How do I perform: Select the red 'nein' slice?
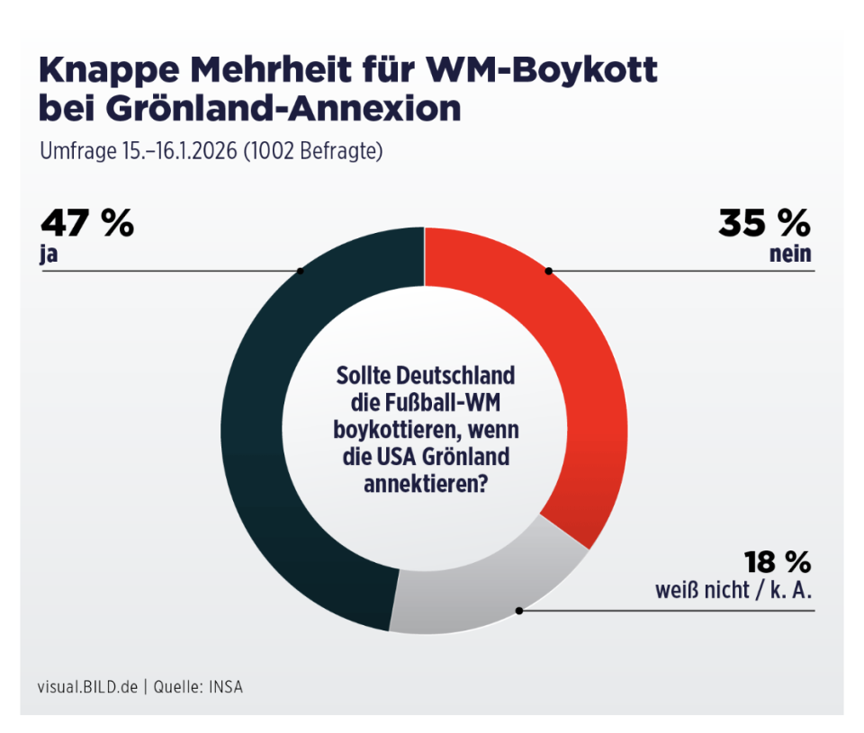(x=585, y=378)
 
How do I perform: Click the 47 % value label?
(x=86, y=223)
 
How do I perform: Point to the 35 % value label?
(x=764, y=223)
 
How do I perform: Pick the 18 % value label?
(x=777, y=563)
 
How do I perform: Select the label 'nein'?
(x=790, y=254)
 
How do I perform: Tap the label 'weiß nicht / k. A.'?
(x=733, y=592)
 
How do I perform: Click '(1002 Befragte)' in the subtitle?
(x=317, y=151)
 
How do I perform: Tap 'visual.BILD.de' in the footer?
(x=87, y=686)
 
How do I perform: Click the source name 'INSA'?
(x=226, y=686)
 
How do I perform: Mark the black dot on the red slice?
(x=548, y=271)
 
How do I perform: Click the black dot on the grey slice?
(x=519, y=611)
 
